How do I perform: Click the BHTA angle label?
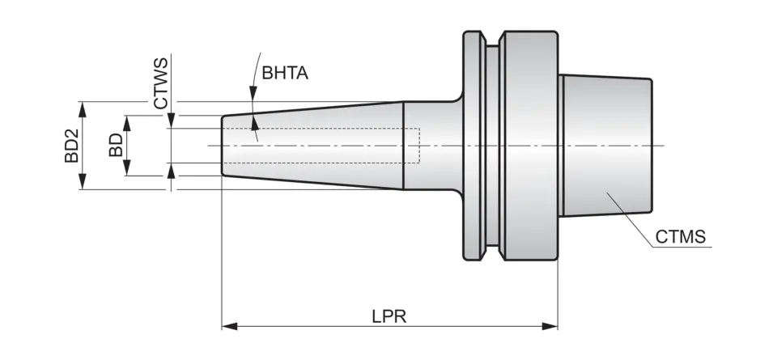pos(284,73)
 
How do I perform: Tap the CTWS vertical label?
pos(161,83)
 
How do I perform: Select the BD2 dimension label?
pos(71,146)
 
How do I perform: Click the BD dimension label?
pos(115,146)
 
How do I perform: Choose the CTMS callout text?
pos(681,237)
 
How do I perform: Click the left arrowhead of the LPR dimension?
pos(229,326)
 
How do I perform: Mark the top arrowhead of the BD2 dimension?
pos(81,108)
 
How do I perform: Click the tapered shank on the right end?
pos(607,146)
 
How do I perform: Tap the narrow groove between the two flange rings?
pos(491,146)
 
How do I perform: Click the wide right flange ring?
pos(529,146)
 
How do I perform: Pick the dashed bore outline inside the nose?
pos(418,146)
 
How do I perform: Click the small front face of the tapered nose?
pos(223,146)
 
